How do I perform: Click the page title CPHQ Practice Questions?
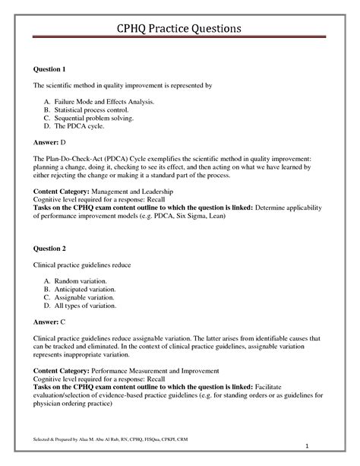click(180, 28)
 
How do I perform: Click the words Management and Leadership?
click(149, 191)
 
